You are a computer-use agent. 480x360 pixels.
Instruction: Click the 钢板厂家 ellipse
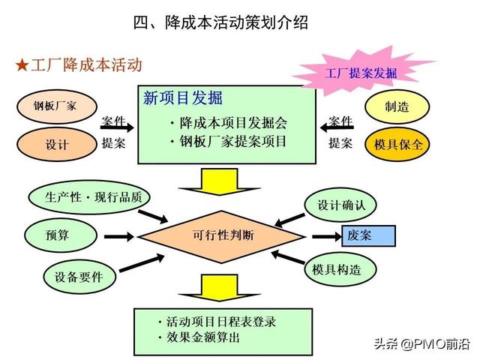(57, 106)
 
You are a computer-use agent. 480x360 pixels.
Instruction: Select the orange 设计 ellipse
(57, 144)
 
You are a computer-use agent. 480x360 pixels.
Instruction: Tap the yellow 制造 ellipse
(397, 106)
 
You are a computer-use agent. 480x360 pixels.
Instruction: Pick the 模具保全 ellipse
(397, 144)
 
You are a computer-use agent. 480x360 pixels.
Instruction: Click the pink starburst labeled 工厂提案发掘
(361, 73)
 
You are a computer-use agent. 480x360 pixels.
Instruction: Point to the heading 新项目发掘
(183, 98)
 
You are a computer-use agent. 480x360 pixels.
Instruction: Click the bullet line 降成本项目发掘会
(229, 123)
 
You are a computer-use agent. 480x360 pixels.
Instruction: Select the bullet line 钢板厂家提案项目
(228, 142)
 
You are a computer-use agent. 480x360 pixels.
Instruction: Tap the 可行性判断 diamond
(222, 236)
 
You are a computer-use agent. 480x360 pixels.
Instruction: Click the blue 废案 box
(368, 235)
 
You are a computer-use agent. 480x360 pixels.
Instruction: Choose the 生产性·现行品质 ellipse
(89, 197)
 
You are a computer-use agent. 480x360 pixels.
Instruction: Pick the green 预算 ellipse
(61, 235)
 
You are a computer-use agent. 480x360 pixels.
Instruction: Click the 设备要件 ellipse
(79, 277)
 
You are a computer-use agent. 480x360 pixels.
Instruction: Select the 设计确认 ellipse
(340, 205)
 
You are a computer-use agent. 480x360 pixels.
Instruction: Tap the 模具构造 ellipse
(340, 269)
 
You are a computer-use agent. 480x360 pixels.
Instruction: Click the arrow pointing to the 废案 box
(326, 236)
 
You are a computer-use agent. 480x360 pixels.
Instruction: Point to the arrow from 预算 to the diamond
(118, 236)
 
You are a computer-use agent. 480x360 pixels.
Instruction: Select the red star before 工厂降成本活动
(22, 65)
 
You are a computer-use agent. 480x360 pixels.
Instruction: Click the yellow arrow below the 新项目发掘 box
(219, 181)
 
